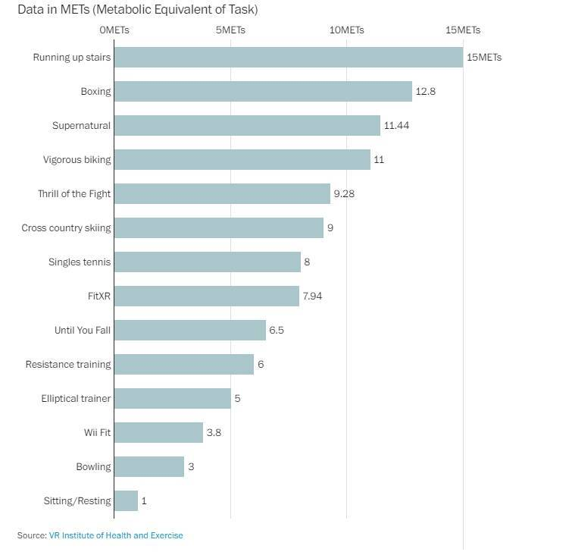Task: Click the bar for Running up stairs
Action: tap(288, 58)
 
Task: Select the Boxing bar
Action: tap(263, 92)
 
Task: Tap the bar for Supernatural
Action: tap(247, 126)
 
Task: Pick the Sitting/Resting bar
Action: tap(126, 501)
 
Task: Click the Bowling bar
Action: tap(149, 467)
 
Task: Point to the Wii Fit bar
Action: tap(158, 433)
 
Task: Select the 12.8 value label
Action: tap(425, 92)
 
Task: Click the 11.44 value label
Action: tap(396, 126)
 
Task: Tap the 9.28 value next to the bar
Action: tap(344, 194)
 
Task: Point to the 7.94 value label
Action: tap(312, 296)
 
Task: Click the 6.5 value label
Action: tap(277, 331)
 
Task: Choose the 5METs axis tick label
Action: tap(230, 30)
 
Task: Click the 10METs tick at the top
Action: tap(347, 30)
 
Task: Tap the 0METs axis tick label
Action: tap(114, 30)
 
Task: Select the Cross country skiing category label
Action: tap(66, 228)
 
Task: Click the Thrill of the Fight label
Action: tap(74, 194)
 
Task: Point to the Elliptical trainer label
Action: tap(76, 399)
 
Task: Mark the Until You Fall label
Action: tap(83, 331)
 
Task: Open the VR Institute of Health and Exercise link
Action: tap(116, 536)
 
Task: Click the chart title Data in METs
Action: tap(137, 10)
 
